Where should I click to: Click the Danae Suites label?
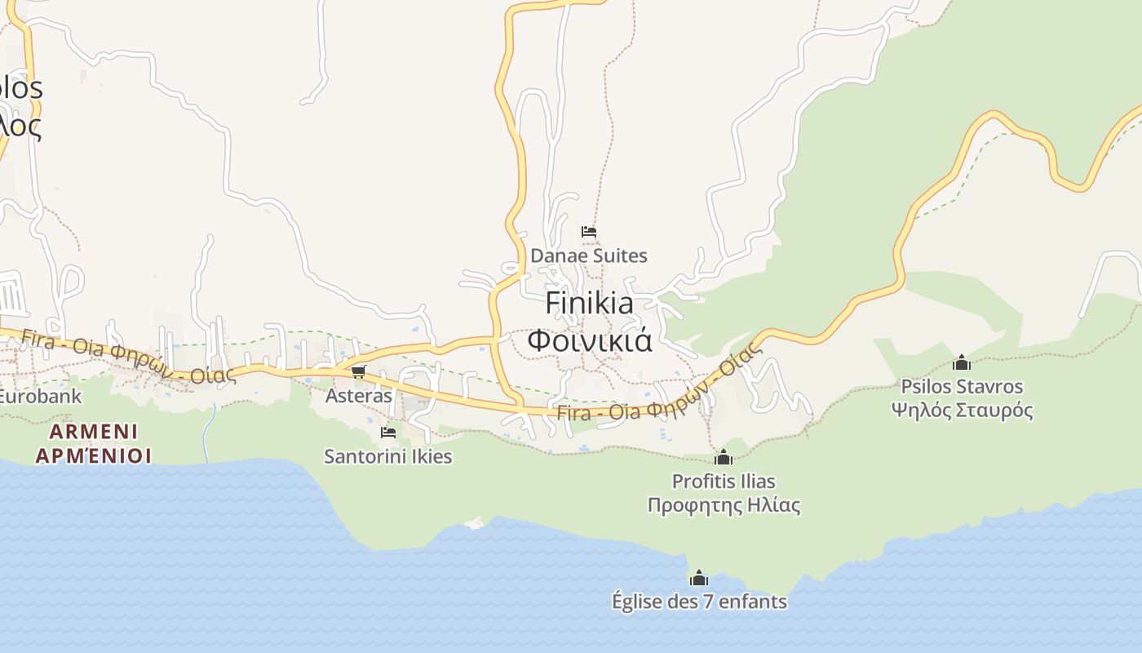pos(588,255)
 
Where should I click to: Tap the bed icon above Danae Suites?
pos(589,232)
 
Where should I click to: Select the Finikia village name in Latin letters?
pos(589,303)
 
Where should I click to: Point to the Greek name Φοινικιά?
pos(589,340)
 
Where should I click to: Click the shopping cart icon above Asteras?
pos(358,372)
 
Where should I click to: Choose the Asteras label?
pos(358,396)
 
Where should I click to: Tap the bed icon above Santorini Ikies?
pos(388,432)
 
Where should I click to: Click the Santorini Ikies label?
pos(387,455)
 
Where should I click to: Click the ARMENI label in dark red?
pos(93,431)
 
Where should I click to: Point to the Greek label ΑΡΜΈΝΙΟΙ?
pos(93,455)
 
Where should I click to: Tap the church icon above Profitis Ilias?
pos(723,457)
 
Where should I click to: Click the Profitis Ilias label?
pos(724,481)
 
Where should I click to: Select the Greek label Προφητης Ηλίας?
pos(724,505)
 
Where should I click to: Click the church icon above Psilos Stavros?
pos(962,362)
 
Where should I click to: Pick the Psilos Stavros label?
pos(962,386)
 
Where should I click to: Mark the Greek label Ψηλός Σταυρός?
pos(962,410)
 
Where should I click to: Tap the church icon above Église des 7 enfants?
pos(699,579)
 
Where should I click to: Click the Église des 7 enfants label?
pos(699,602)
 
